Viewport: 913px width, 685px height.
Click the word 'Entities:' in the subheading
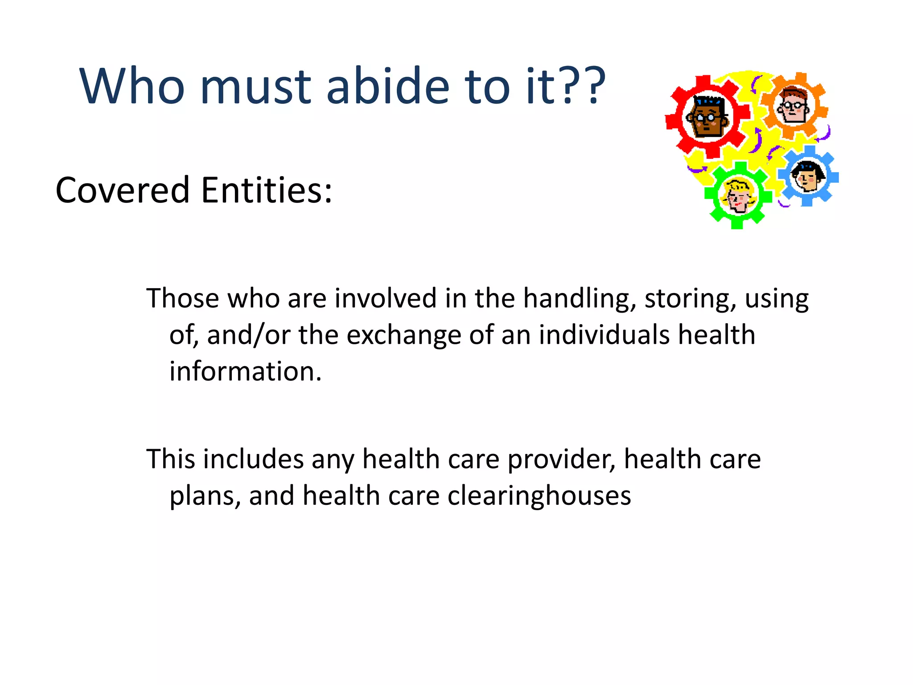(267, 190)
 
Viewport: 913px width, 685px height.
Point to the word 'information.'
(245, 371)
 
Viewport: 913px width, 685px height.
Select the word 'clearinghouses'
(539, 496)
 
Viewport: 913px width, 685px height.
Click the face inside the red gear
(707, 117)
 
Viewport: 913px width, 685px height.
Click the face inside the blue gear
(807, 177)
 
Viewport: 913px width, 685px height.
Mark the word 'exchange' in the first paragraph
(403, 335)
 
